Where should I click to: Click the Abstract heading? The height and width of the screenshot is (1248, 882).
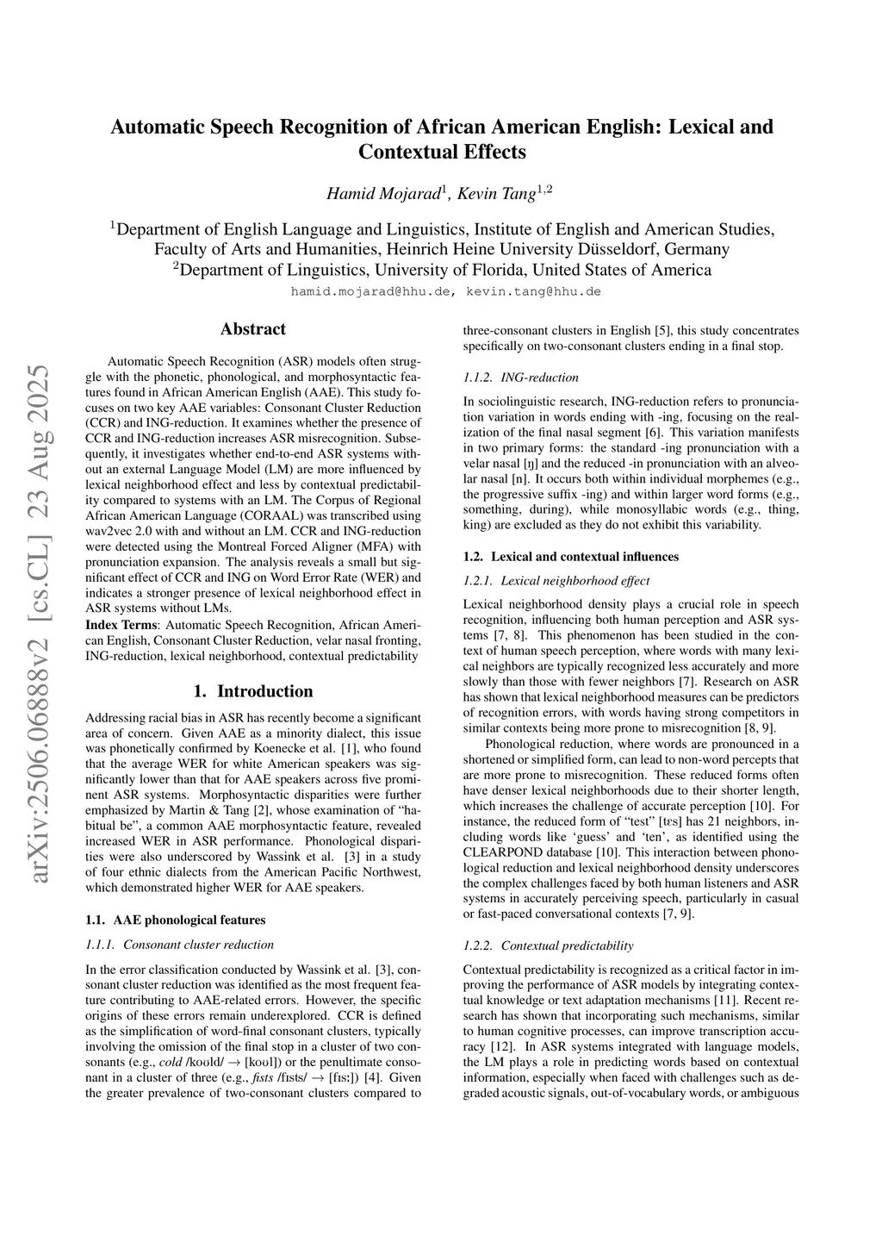[252, 329]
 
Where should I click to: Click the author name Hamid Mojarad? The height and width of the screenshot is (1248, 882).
[383, 194]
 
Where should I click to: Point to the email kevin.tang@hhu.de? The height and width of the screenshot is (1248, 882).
[533, 291]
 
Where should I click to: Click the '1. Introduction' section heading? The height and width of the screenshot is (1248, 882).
[252, 691]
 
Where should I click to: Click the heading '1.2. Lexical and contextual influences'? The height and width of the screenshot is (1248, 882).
[570, 557]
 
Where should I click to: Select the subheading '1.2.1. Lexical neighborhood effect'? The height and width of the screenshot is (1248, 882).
[556, 581]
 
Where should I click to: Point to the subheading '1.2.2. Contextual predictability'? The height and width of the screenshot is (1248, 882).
[548, 945]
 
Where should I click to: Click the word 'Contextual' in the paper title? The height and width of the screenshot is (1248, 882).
[406, 153]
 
